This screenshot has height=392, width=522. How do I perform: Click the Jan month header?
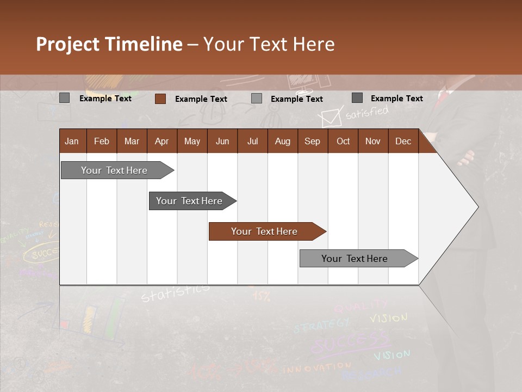point(72,141)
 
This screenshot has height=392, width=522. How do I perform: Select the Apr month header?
point(161,141)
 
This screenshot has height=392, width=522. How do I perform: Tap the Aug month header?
point(282,141)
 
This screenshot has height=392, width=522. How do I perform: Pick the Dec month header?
point(403,141)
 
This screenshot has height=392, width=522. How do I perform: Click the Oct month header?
point(343,141)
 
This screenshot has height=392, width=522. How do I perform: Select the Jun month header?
point(222,141)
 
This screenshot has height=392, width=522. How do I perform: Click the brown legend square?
point(160,99)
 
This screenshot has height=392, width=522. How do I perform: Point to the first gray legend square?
point(64,98)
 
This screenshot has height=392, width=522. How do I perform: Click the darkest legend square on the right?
point(357,98)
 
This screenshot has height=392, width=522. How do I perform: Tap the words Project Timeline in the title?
point(109,44)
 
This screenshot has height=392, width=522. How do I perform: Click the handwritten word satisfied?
point(367,113)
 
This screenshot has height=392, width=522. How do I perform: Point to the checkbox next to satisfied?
point(330,117)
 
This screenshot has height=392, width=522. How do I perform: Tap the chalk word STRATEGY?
point(321,326)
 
